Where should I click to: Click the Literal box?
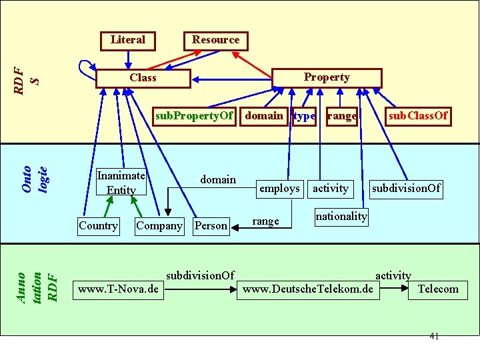(127, 40)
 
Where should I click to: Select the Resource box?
(215, 40)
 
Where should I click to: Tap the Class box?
(143, 78)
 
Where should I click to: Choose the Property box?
(326, 77)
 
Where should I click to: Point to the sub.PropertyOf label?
(194, 116)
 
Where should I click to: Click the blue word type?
(304, 116)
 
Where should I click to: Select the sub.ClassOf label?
(418, 116)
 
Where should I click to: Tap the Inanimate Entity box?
(121, 183)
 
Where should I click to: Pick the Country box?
(98, 225)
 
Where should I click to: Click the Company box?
(159, 225)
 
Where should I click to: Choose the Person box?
(211, 226)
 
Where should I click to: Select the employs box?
(279, 189)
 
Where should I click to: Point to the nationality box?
(341, 216)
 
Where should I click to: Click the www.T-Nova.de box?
(118, 289)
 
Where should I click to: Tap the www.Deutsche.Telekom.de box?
(308, 289)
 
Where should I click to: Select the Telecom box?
(437, 289)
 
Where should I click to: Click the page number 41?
(434, 336)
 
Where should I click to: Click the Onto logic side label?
(34, 179)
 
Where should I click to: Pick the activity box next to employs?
(331, 189)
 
